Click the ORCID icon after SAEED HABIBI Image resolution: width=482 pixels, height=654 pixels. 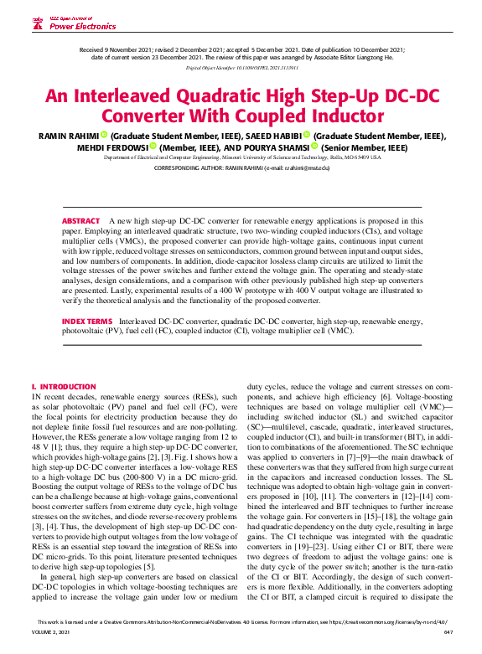point(307,135)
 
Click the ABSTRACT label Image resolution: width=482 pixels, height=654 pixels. point(80,220)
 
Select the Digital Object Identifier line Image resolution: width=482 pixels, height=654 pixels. point(241,65)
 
